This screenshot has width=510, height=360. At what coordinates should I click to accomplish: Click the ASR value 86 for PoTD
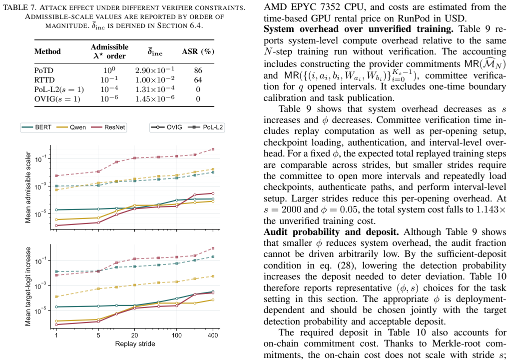198,70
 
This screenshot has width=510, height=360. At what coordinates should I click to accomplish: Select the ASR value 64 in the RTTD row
198,79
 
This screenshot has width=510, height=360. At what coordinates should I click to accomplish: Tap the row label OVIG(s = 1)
57,98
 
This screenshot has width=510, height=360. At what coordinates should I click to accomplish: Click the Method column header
47,51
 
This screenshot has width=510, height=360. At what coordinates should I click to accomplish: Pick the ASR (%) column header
198,51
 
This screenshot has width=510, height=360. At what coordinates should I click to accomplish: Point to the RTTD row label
44,79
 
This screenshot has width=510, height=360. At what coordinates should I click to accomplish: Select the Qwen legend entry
71,127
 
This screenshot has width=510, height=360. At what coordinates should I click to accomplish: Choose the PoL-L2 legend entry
206,127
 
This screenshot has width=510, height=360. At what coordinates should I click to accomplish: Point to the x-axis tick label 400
213,335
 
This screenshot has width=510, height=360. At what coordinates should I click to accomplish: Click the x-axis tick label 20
135,335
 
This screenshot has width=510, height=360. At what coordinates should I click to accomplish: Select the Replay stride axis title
135,343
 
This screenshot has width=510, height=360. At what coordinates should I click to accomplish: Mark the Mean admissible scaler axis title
28,187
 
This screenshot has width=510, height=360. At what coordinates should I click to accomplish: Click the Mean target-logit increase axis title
28,286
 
